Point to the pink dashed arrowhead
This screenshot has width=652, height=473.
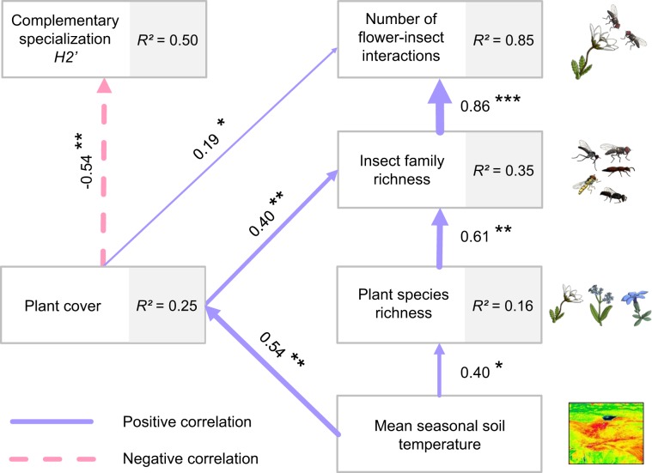(104, 84)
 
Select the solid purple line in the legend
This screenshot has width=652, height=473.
(52, 422)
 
